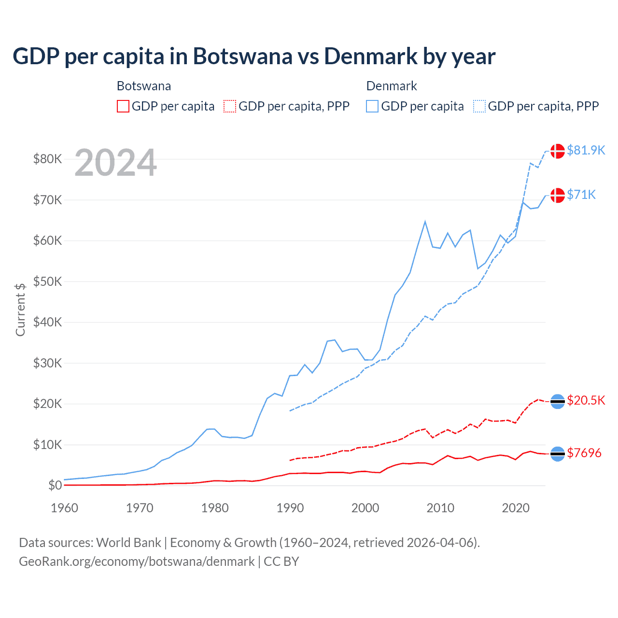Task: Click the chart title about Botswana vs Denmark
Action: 254,56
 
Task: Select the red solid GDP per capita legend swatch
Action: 123,106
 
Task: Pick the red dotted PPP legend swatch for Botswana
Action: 230,106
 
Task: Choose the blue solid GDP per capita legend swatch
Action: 372,106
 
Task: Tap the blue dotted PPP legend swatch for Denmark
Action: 479,106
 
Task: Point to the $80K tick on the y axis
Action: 47,159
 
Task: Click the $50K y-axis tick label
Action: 47,281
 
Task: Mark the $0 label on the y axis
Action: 55,485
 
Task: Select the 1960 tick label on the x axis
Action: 64,508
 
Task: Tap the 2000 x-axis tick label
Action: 365,508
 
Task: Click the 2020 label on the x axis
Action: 516,508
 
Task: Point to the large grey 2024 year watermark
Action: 115,163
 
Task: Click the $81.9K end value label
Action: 586,150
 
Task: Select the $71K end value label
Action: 581,195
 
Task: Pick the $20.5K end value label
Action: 586,400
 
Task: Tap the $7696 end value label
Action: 584,453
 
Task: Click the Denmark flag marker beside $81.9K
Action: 558,151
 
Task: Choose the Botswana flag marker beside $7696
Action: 558,454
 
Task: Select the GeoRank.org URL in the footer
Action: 137,562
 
